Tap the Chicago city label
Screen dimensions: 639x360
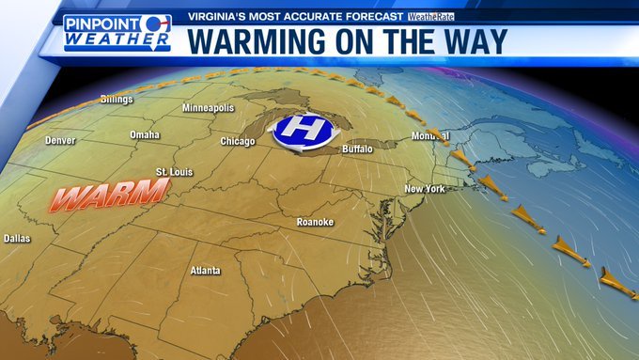[237, 141]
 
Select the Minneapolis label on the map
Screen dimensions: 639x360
[208, 108]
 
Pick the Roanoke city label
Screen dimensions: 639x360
[315, 222]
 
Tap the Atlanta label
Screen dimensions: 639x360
[205, 271]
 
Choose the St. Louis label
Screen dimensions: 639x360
[173, 172]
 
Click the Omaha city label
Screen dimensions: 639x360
[145, 134]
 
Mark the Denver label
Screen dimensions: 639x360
[59, 141]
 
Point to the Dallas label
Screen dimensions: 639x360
[17, 239]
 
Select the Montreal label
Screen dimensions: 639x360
[429, 136]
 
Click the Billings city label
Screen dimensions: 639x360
[117, 99]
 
